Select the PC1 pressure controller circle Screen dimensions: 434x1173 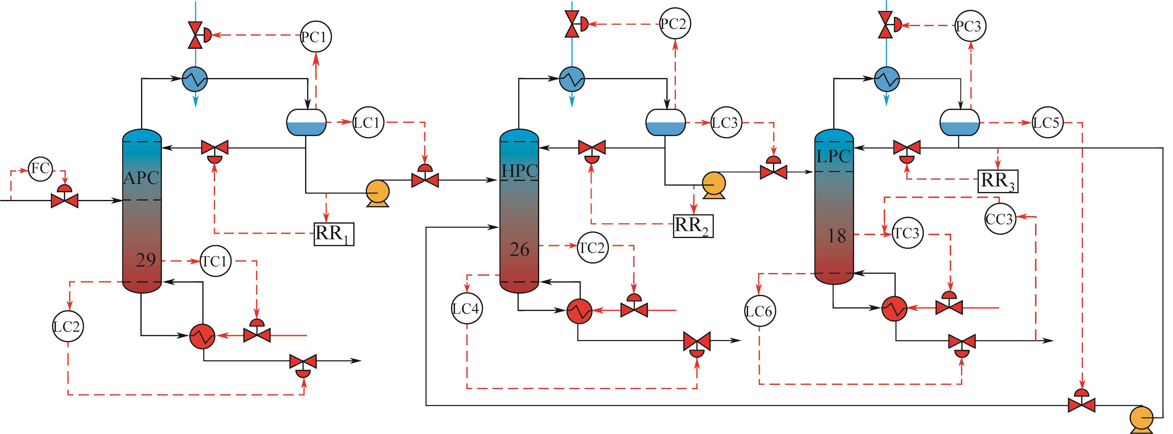[316, 37]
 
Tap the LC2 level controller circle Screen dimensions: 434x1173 [68, 326]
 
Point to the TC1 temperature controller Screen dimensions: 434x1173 [215, 261]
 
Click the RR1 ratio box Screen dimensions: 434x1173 [334, 234]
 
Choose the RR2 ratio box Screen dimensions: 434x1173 [693, 226]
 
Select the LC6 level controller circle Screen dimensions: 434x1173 [759, 311]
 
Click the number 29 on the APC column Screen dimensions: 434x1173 [146, 260]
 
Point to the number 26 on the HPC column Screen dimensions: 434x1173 [520, 250]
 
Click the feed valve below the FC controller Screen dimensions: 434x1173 [65, 199]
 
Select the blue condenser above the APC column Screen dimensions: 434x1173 [195, 79]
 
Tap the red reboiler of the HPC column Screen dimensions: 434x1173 [579, 311]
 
